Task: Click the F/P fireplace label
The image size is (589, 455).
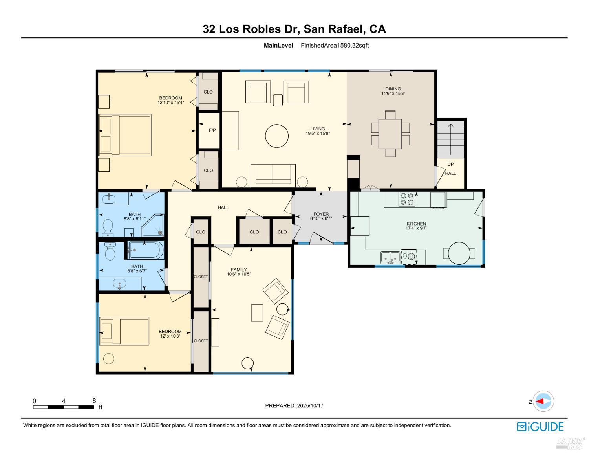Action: tap(212, 130)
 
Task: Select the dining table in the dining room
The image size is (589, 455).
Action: tap(390, 134)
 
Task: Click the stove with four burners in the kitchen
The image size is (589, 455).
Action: tap(406, 199)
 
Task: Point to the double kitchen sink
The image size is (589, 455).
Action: tap(390, 258)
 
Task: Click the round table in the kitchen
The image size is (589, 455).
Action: tap(459, 253)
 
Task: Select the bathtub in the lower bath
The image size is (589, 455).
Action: tap(145, 250)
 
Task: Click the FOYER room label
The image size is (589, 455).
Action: tap(321, 214)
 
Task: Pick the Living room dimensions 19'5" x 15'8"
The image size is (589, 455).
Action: tap(318, 133)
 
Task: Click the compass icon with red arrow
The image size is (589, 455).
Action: tap(544, 401)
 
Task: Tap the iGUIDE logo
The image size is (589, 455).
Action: tap(540, 427)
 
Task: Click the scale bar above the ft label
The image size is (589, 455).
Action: tap(64, 407)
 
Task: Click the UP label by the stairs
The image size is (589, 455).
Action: tap(450, 164)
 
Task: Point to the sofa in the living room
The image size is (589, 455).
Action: tap(273, 175)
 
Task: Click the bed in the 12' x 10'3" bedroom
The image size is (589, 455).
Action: tap(124, 331)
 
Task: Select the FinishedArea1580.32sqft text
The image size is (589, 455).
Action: tap(335, 45)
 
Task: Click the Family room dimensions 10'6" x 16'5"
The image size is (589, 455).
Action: tap(238, 274)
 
